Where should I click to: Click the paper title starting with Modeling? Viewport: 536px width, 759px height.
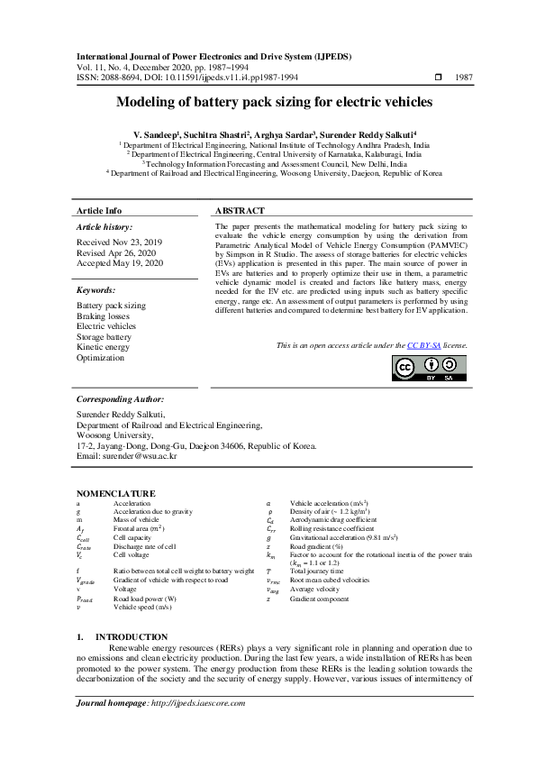(x=268, y=103)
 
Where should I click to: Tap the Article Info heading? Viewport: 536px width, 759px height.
(x=99, y=210)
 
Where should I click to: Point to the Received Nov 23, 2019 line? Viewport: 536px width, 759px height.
(x=120, y=242)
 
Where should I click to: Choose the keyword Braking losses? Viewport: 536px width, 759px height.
(x=103, y=316)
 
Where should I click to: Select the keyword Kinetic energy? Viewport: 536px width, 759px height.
(x=103, y=347)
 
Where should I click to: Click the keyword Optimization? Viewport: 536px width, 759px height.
(x=100, y=357)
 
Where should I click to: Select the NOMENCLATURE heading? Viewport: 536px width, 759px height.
(x=115, y=494)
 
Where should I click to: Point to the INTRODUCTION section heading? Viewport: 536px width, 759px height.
(x=131, y=637)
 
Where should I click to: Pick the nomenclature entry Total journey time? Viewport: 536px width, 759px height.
(x=317, y=572)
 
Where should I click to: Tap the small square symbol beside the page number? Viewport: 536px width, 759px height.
(x=438, y=78)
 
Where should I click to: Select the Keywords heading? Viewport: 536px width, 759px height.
(x=96, y=291)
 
